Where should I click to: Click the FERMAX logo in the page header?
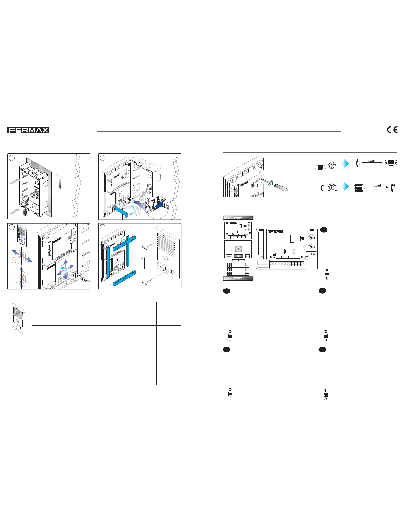click(28, 130)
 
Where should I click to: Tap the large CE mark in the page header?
click(392, 130)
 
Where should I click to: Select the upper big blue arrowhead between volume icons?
click(346, 164)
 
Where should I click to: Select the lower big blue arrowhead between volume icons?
click(346, 187)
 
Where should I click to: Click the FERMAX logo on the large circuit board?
click(275, 232)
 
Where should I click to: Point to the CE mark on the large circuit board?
click(313, 254)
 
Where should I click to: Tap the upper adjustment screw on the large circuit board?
click(312, 238)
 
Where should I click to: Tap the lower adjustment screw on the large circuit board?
click(312, 247)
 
